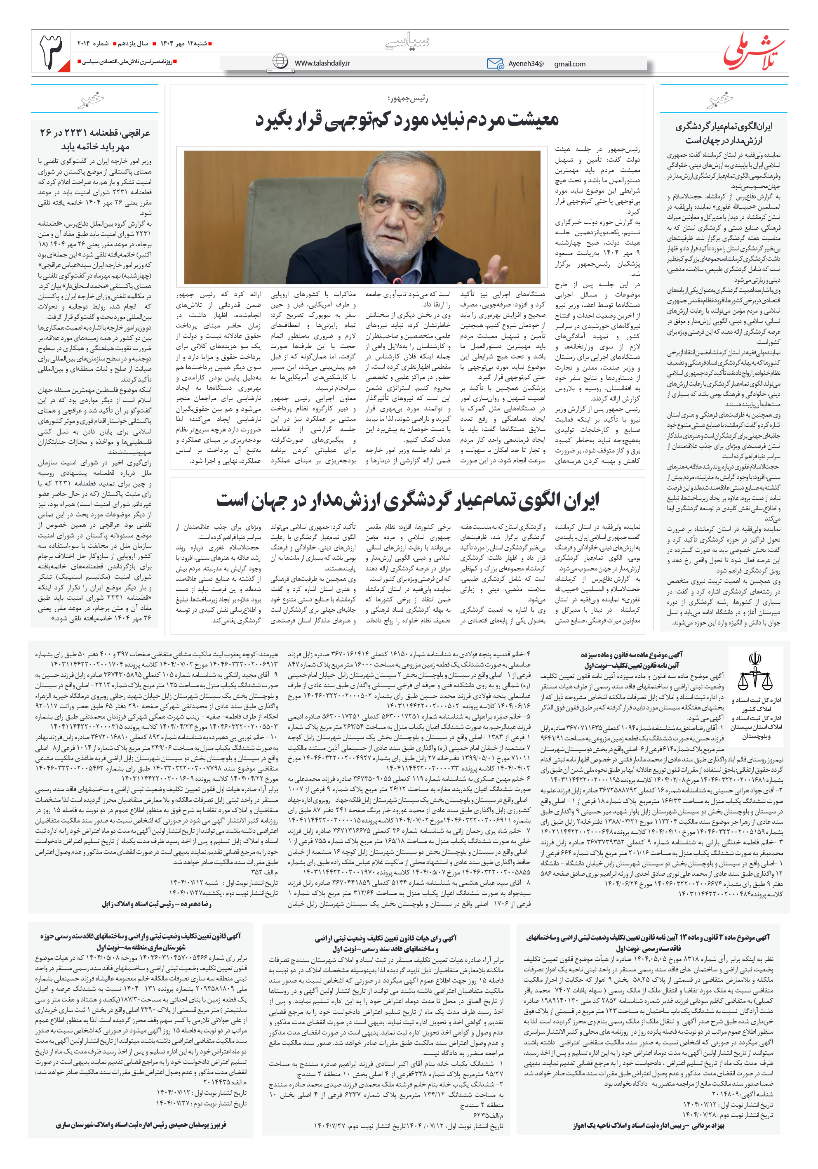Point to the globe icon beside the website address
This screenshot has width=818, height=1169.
[x=280, y=61]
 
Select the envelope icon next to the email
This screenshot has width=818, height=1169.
[x=495, y=64]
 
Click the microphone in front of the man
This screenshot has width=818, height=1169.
[x=393, y=279]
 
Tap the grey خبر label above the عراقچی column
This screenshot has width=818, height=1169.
[x=92, y=99]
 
